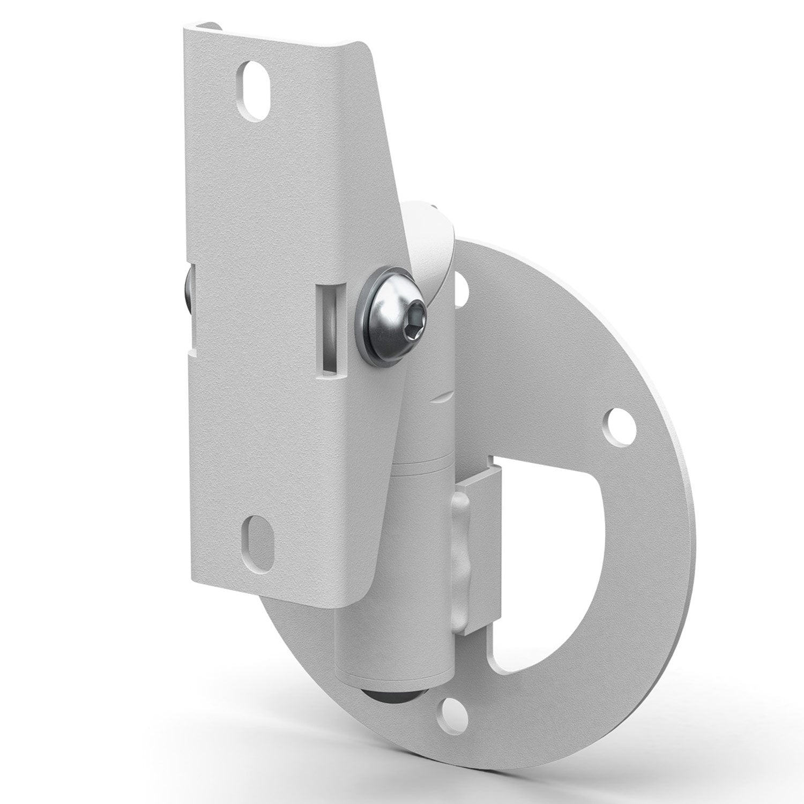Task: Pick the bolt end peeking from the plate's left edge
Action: [x=188, y=292]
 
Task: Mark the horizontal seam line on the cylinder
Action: [x=423, y=461]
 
